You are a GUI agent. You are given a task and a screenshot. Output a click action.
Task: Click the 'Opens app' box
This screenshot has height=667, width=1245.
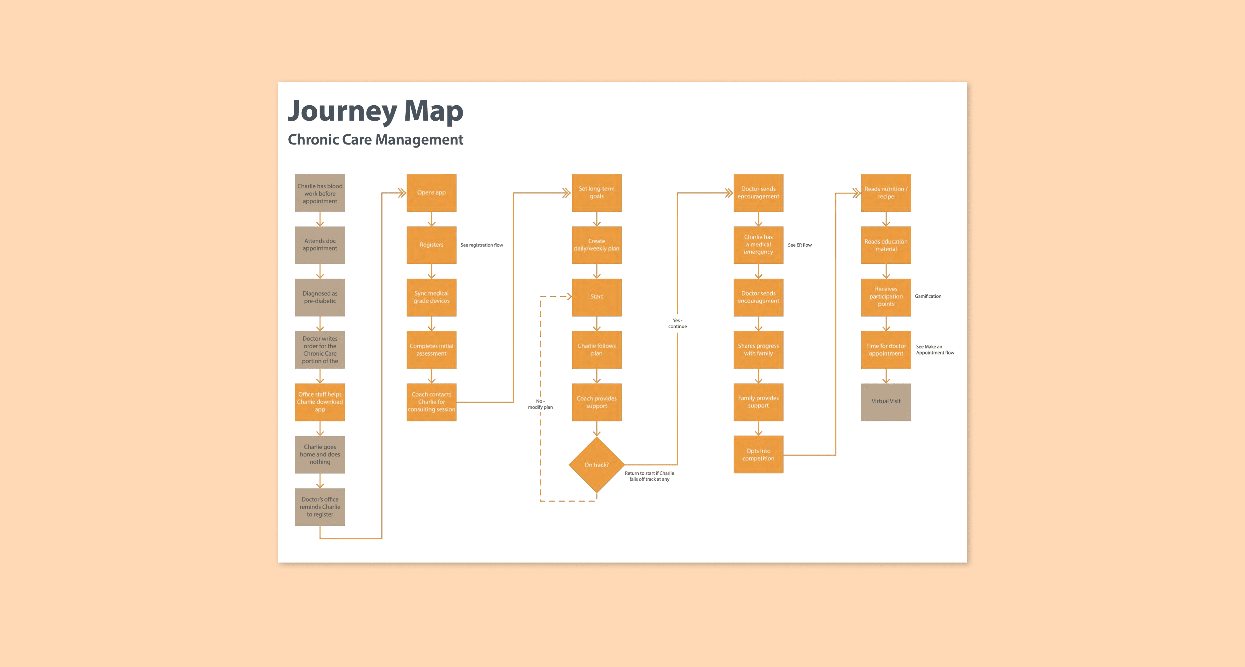tap(431, 192)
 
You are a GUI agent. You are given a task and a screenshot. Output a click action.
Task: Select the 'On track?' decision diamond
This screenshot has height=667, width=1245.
tap(596, 465)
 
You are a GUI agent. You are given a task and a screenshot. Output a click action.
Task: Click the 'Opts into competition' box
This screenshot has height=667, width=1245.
tap(758, 455)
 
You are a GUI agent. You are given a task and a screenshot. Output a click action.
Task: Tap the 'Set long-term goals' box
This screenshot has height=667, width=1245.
tap(596, 192)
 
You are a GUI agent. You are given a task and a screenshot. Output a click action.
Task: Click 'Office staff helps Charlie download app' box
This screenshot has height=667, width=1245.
tap(320, 402)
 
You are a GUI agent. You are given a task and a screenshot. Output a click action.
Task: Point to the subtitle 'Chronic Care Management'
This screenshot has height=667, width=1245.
tap(375, 140)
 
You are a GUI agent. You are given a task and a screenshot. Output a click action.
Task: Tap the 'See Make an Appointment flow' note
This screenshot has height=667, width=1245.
tap(935, 350)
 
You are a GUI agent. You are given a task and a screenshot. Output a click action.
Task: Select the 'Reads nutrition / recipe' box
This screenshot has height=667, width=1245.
tap(886, 192)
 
